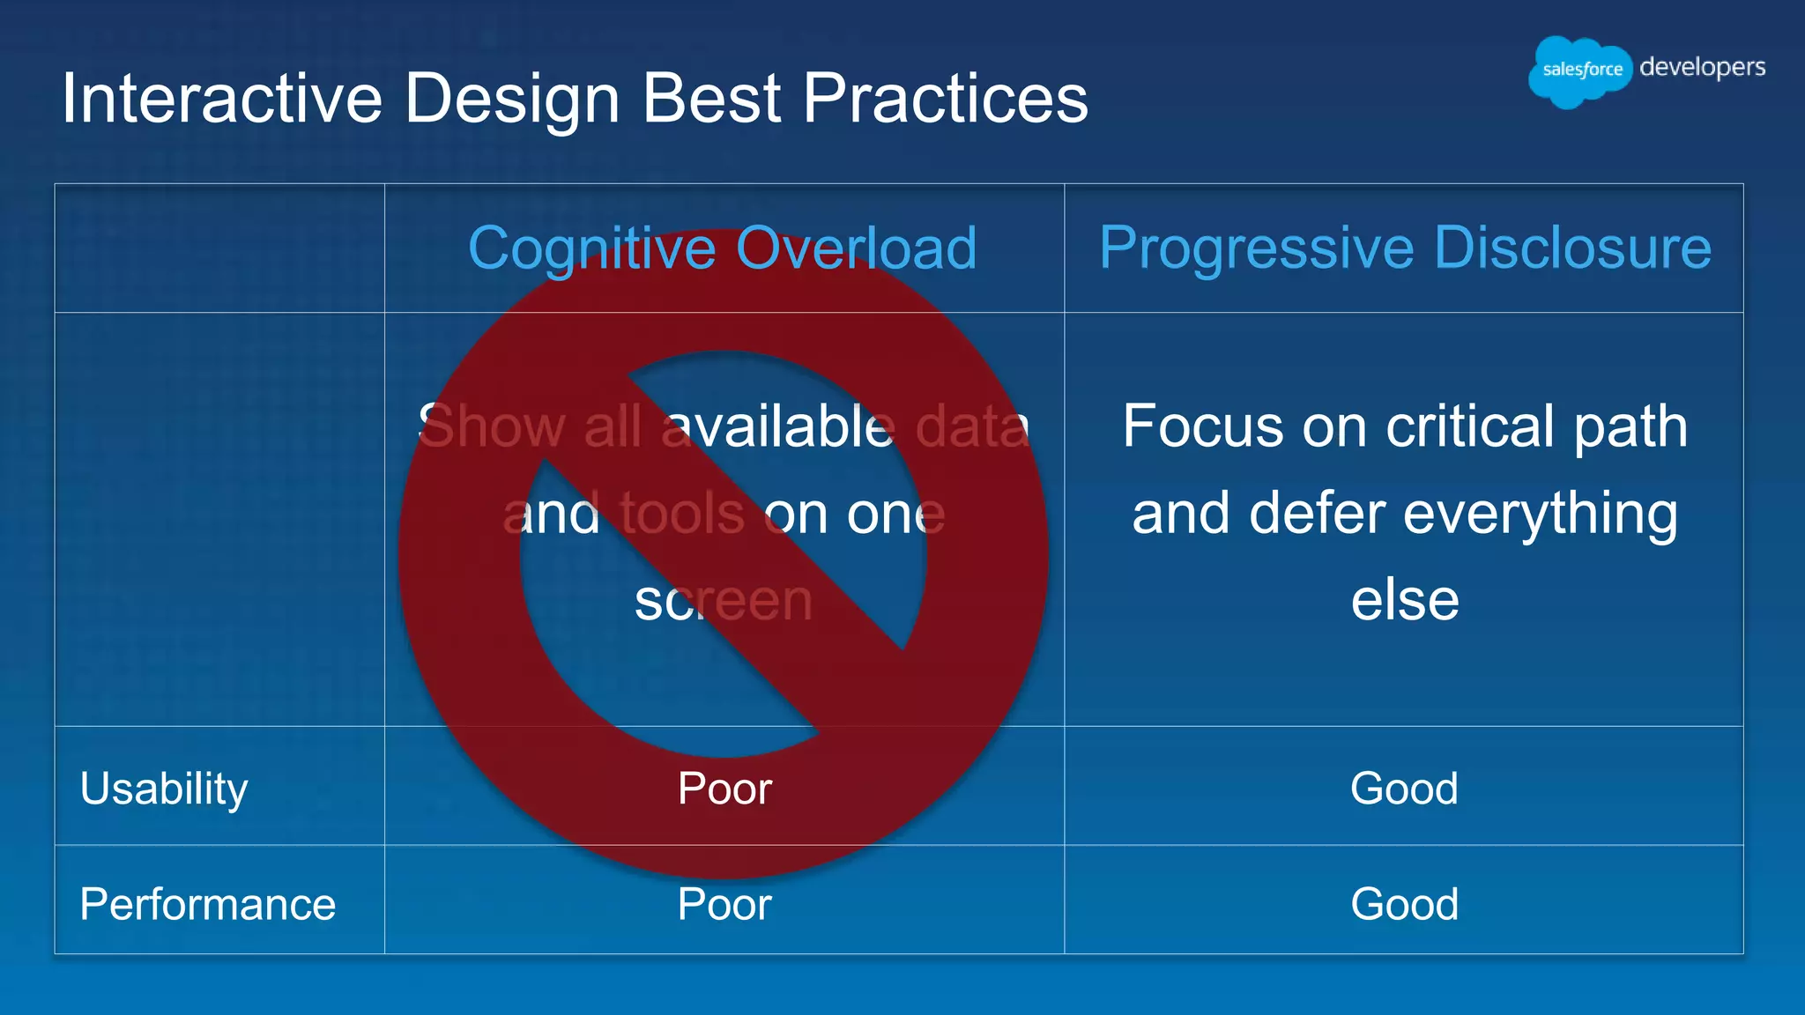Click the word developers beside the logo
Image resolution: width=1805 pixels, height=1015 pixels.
[1702, 67]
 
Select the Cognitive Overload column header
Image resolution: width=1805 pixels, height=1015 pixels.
[723, 248]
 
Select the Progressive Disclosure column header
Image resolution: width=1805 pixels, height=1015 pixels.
[1405, 248]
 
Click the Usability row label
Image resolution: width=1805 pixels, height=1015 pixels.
[164, 788]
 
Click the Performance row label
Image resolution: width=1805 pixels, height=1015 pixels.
[208, 904]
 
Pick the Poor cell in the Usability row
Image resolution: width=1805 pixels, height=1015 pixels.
[724, 788]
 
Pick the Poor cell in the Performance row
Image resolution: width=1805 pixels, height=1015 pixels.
[724, 904]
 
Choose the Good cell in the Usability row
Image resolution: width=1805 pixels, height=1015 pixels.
[1404, 788]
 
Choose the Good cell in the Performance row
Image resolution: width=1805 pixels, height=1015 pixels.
[1404, 904]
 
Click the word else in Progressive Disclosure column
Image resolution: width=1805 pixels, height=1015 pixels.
[1405, 601]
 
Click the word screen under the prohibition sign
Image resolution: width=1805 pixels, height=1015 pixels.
[723, 601]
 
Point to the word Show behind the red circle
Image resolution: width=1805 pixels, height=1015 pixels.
[492, 426]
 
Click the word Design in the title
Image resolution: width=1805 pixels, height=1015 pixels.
[512, 98]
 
